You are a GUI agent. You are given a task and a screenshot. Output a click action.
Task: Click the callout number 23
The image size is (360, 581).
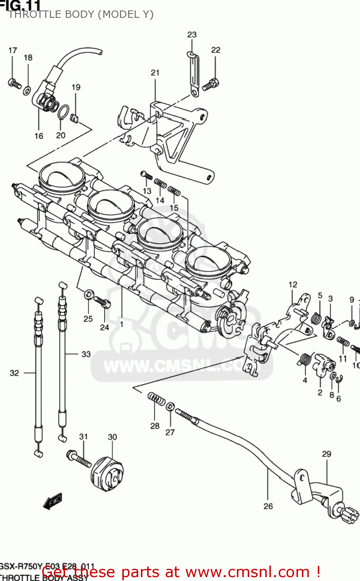pyautogui.click(x=192, y=34)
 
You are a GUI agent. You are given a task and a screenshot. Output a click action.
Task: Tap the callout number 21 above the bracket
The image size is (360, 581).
pyautogui.click(x=155, y=72)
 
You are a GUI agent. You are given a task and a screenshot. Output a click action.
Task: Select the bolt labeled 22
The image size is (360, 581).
pyautogui.click(x=211, y=84)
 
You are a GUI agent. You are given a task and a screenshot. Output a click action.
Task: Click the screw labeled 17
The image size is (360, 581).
pyautogui.click(x=14, y=83)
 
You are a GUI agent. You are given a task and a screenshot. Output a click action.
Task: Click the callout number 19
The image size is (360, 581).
pyautogui.click(x=76, y=87)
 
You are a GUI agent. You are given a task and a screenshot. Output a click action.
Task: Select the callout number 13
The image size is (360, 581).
pyautogui.click(x=147, y=191)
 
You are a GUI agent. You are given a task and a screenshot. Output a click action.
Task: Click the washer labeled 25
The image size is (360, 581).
pyautogui.click(x=89, y=294)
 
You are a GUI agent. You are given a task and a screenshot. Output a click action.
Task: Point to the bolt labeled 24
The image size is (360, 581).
pyautogui.click(x=103, y=302)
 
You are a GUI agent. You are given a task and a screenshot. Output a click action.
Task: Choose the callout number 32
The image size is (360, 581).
pyautogui.click(x=14, y=373)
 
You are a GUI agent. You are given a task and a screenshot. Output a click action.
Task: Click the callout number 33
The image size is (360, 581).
pyautogui.click(x=86, y=354)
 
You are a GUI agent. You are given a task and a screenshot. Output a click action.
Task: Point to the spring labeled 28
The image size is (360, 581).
pyautogui.click(x=156, y=399)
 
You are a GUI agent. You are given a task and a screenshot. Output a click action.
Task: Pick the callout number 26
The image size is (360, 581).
pyautogui.click(x=268, y=506)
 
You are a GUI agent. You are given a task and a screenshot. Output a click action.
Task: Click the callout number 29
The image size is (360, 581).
pyautogui.click(x=327, y=454)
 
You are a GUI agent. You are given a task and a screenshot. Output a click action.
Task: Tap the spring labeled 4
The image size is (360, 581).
pyautogui.click(x=305, y=359)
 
